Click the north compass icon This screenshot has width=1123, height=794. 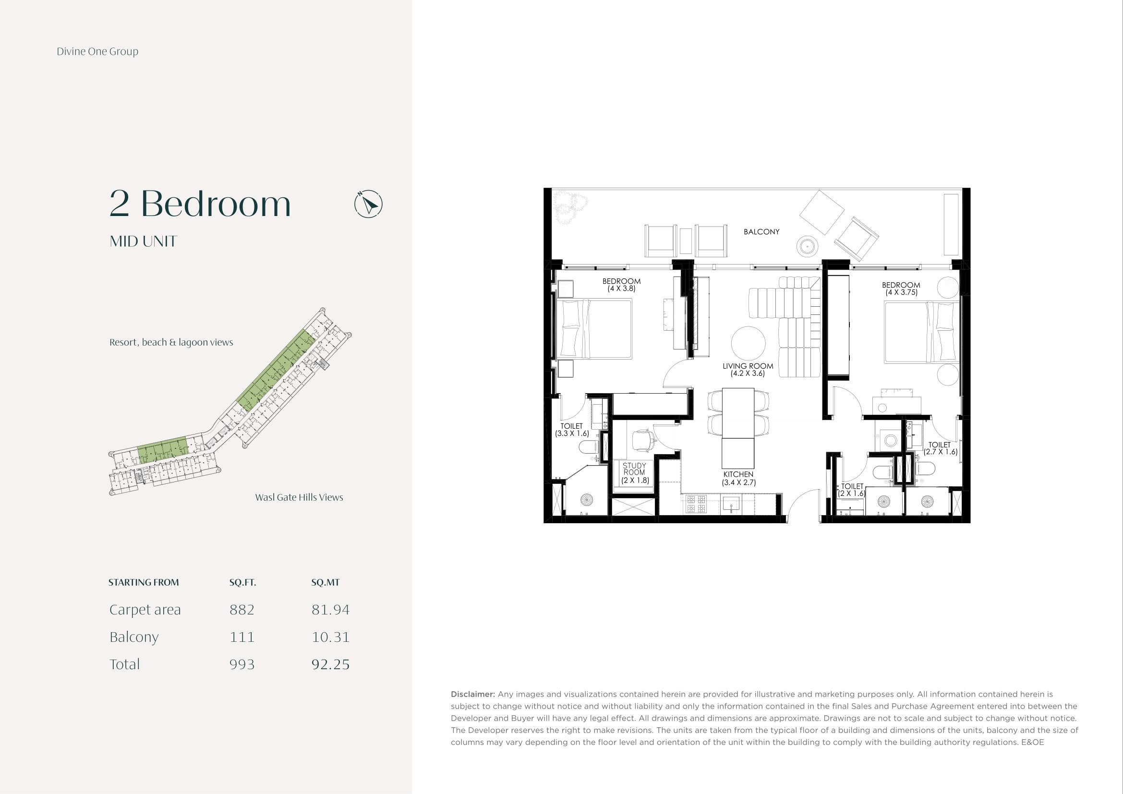(x=368, y=204)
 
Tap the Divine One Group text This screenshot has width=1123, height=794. (x=97, y=51)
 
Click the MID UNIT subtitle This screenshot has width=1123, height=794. (x=143, y=241)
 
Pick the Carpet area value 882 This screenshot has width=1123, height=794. (x=242, y=610)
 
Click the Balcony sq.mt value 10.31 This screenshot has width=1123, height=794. (x=331, y=637)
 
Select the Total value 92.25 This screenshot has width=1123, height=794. (x=331, y=664)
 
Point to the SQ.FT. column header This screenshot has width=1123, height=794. (x=242, y=582)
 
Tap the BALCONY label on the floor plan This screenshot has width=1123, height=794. (x=761, y=232)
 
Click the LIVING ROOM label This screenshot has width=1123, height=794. (x=748, y=370)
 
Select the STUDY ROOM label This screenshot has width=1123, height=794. (x=634, y=473)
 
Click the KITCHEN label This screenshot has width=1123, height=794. (x=738, y=478)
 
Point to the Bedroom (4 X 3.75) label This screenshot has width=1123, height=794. (x=901, y=289)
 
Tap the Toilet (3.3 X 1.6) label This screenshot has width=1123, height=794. (x=572, y=430)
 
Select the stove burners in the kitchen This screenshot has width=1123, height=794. (x=696, y=504)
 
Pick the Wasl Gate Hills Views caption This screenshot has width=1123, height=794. (x=299, y=497)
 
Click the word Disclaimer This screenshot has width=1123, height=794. (x=473, y=694)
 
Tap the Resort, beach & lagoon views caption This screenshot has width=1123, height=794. (x=171, y=342)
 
